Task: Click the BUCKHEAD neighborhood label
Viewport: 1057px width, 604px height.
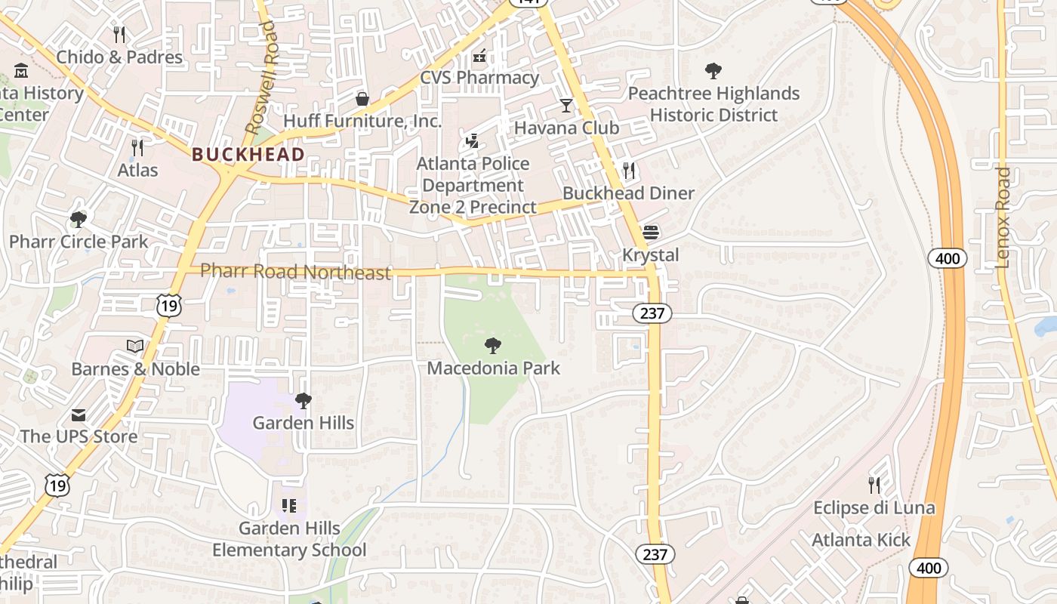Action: click(248, 155)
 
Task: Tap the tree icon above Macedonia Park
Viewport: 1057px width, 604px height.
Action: click(493, 346)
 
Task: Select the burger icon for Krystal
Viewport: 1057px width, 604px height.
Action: click(651, 232)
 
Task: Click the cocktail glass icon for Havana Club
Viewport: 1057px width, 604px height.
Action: click(566, 105)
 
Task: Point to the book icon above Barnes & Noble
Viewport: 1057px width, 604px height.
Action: click(135, 346)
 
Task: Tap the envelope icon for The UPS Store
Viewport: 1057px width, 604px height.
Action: click(79, 414)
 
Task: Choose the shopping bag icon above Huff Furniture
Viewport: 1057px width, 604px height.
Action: click(362, 99)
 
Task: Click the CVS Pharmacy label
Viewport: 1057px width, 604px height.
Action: click(479, 78)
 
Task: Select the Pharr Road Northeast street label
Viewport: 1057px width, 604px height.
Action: click(296, 272)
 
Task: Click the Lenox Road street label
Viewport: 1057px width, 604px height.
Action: click(1003, 217)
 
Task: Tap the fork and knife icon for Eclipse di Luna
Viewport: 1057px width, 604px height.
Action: click(874, 485)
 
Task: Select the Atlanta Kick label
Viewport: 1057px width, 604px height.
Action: click(861, 541)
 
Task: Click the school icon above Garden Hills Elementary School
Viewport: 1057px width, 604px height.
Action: click(289, 505)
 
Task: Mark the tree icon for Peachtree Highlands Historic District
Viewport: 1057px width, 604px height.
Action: click(713, 71)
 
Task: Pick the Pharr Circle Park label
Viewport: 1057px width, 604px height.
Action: click(79, 242)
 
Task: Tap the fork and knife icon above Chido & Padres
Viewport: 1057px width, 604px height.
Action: click(119, 34)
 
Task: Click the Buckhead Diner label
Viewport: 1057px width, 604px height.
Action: click(628, 193)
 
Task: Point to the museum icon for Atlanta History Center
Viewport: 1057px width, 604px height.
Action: click(21, 72)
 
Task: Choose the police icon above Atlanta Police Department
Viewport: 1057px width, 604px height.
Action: click(473, 140)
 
